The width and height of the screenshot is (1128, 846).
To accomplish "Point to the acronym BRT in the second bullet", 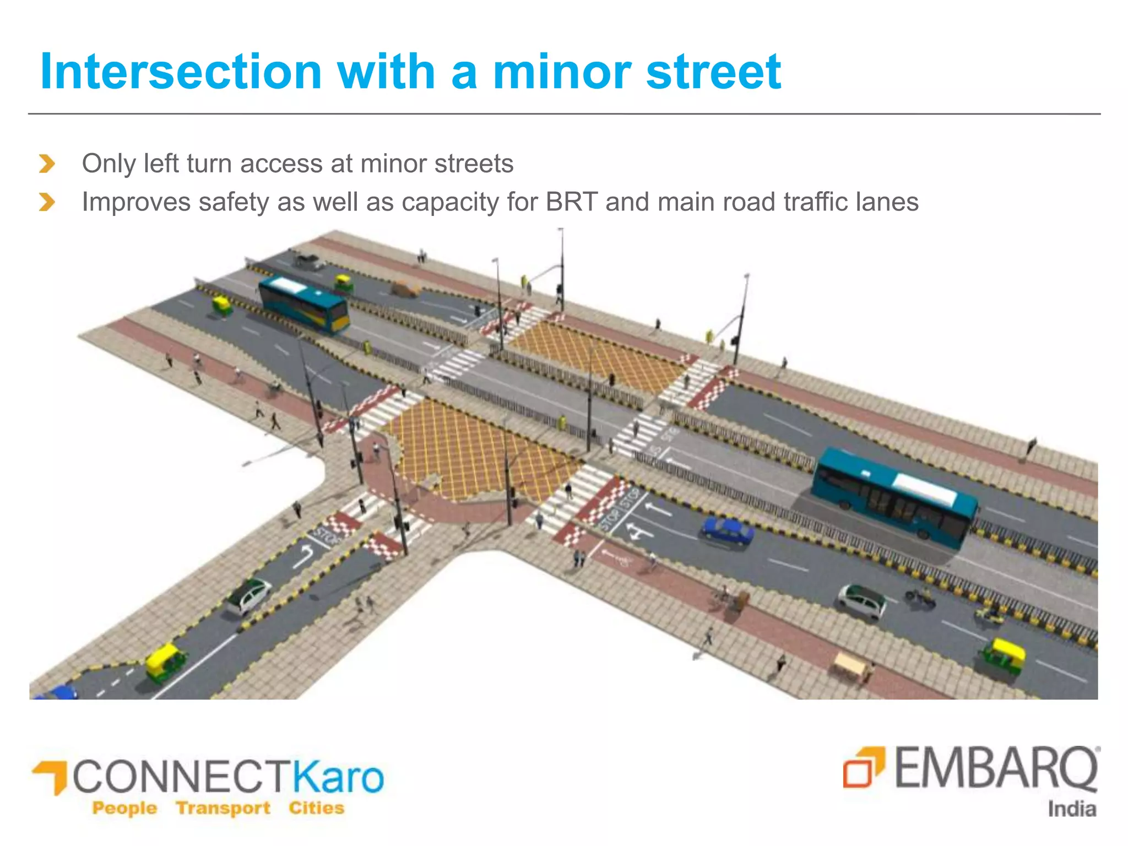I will point(572,202).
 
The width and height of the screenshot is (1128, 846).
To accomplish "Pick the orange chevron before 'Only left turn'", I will point(47,164).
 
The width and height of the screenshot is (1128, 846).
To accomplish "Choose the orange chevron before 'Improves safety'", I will point(47,202).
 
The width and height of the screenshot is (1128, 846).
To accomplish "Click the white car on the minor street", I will point(249,595).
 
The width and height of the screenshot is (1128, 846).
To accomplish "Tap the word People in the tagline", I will point(124,808).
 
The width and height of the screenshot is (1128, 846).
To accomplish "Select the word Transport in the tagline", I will point(223,808).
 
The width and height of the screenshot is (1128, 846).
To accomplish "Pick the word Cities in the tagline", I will point(316,808).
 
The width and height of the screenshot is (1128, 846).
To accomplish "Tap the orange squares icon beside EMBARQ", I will point(864,766).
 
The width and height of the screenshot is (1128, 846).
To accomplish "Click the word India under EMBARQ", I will point(1071,809).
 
